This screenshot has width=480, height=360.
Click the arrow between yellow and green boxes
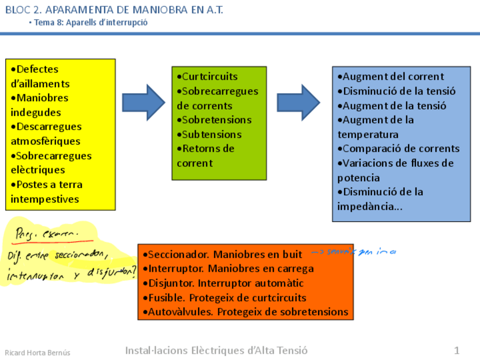pyautogui.click(x=143, y=102)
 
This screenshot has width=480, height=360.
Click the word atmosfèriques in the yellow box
pyautogui.click(x=45, y=141)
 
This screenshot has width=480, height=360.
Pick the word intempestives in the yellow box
pyautogui.click(x=45, y=199)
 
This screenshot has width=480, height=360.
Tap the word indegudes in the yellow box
pyautogui.click(x=36, y=112)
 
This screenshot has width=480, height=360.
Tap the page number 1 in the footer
pyautogui.click(x=456, y=350)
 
